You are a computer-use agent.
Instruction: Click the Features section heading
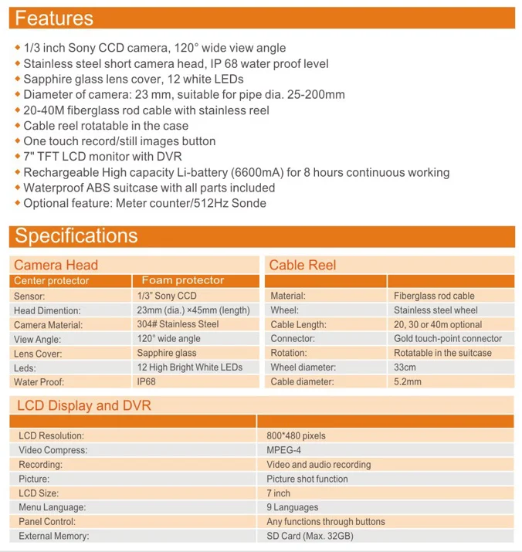coord(54,19)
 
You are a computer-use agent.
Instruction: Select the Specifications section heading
coord(76,235)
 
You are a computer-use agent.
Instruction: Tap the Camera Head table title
coord(56,265)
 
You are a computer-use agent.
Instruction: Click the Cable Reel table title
coord(303,265)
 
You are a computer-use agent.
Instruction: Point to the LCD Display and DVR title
coord(84,405)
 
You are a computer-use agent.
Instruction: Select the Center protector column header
coord(52,281)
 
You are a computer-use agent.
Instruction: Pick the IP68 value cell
coord(147,381)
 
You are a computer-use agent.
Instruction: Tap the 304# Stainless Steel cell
coord(178,324)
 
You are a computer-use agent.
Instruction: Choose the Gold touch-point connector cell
coord(447,338)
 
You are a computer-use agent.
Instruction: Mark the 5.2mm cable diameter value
coord(408,381)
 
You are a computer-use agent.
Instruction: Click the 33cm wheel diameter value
coord(405,367)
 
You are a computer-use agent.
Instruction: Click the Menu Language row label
coord(52,507)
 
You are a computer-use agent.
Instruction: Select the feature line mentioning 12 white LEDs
coord(134,80)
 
